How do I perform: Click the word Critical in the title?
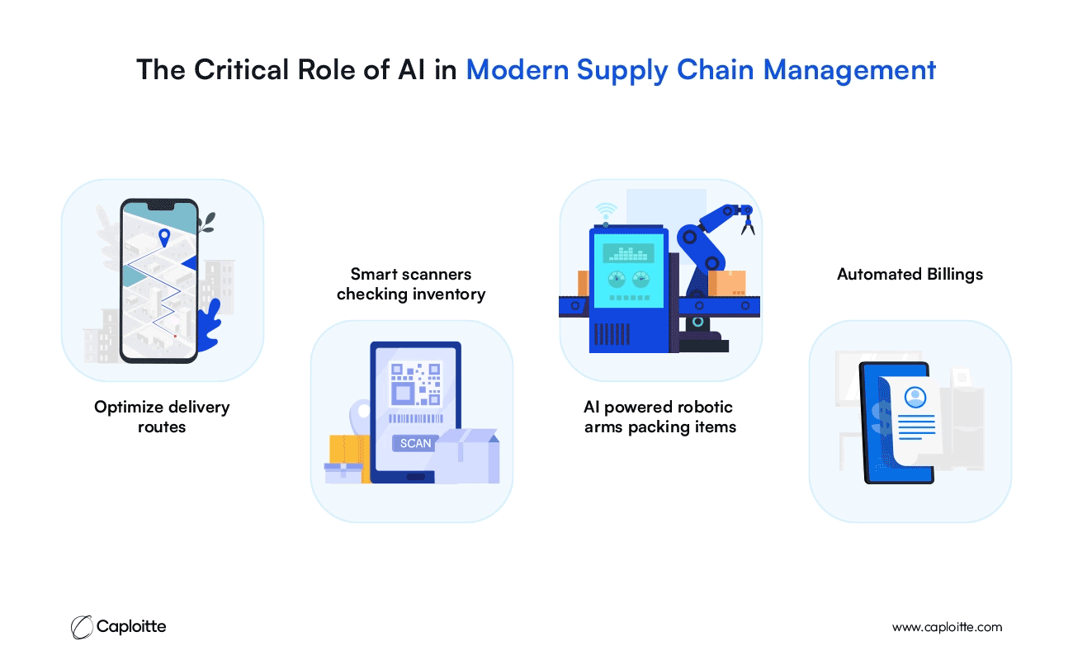click(x=241, y=69)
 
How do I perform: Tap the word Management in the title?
click(x=849, y=71)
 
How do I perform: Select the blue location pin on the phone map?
click(x=164, y=238)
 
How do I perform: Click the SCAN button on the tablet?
click(x=415, y=443)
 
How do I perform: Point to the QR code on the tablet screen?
click(x=415, y=384)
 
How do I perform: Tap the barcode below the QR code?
click(x=415, y=418)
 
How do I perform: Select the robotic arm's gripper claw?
click(x=748, y=225)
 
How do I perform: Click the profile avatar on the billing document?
click(x=915, y=397)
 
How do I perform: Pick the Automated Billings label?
click(x=910, y=275)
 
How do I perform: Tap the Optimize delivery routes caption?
click(x=162, y=417)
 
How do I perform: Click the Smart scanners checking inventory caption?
click(x=411, y=284)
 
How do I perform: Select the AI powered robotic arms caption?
click(x=659, y=417)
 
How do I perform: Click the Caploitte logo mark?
click(x=82, y=627)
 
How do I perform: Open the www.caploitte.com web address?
click(x=947, y=627)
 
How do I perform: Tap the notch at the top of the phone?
click(x=160, y=206)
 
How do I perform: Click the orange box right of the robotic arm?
click(x=726, y=284)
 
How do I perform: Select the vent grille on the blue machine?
click(x=612, y=334)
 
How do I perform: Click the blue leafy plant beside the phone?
click(x=210, y=326)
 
